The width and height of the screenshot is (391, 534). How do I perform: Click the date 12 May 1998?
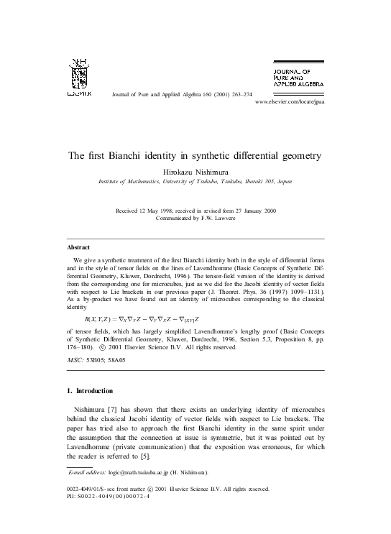coord(152,210)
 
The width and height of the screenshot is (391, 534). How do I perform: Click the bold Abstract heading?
coord(78,247)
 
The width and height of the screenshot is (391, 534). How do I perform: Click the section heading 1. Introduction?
coord(89,391)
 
